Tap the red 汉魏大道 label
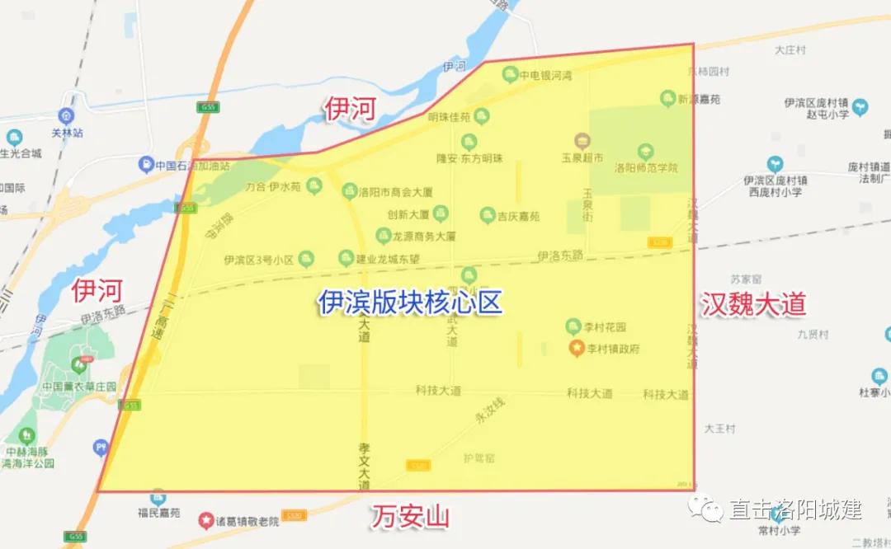tap(753, 304)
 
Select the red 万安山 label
tap(410, 518)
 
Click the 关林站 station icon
tap(68, 117)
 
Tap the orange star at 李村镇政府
tap(577, 349)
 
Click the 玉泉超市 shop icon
tap(582, 141)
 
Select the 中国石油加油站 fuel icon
tap(146, 164)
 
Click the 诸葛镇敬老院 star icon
tap(205, 520)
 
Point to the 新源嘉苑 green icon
tap(667, 99)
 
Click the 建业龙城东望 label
tap(399, 259)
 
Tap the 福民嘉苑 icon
tap(158, 497)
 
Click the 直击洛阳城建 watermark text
tap(794, 509)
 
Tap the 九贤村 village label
tap(813, 335)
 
